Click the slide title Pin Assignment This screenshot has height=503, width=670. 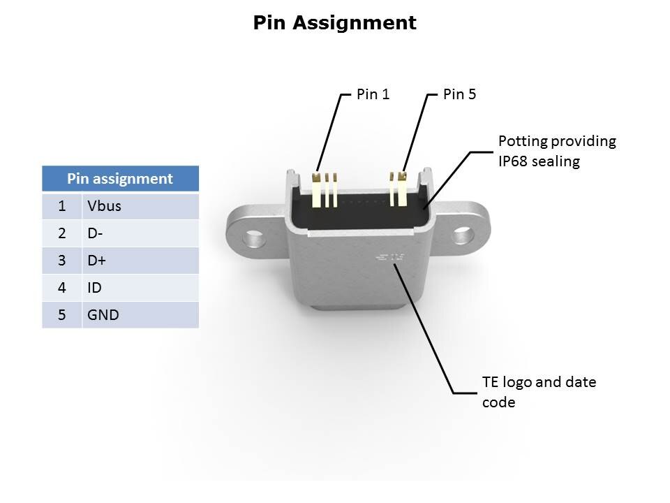pos(334,23)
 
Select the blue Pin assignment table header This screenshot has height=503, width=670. pos(120,179)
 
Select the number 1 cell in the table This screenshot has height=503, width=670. pos(62,206)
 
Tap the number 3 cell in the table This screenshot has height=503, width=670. pos(62,261)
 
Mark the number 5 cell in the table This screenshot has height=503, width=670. pos(62,315)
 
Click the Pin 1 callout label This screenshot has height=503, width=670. pos(373,94)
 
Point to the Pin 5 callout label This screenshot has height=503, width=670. pos(459,94)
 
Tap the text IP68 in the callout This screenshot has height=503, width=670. pos(514,161)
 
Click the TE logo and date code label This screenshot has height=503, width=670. pos(539,393)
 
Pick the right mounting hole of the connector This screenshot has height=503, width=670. pos(461,235)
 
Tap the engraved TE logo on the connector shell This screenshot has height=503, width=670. pos(390,258)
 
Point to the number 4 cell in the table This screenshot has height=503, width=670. pos(62,288)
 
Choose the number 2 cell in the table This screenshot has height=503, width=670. pos(62,233)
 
